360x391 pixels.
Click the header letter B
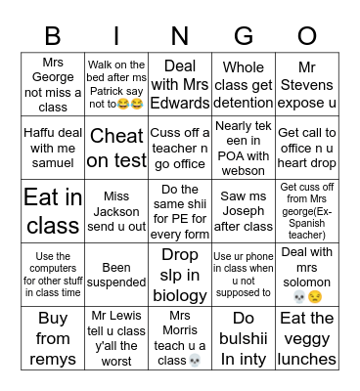pyautogui.click(x=54, y=36)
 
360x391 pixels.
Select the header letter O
pyautogui.click(x=306, y=36)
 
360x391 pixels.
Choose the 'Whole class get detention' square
pyautogui.click(x=243, y=84)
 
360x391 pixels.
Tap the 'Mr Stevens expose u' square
pyautogui.click(x=306, y=84)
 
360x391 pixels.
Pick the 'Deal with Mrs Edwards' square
pyautogui.click(x=180, y=84)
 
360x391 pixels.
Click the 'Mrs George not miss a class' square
pyautogui.click(x=54, y=84)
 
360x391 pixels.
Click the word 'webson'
pyautogui.click(x=244, y=170)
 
